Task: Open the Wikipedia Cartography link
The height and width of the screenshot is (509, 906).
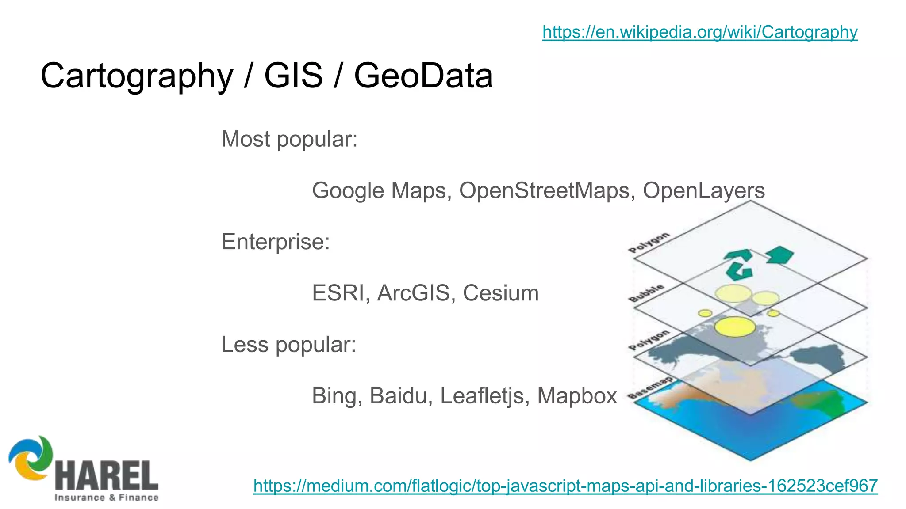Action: pyautogui.click(x=699, y=32)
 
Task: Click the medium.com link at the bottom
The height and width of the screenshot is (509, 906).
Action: pyautogui.click(x=565, y=486)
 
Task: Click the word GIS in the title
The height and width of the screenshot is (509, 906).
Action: pyautogui.click(x=293, y=76)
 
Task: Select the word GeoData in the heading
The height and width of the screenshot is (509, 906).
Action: pyautogui.click(x=423, y=76)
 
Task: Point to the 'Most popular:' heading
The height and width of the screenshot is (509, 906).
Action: pyautogui.click(x=289, y=139)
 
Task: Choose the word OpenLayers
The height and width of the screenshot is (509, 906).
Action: pyautogui.click(x=703, y=190)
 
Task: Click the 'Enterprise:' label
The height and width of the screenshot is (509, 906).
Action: pyautogui.click(x=276, y=242)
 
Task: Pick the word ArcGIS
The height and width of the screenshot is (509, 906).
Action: pyautogui.click(x=413, y=293)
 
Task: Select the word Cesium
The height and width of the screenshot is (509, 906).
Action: pyautogui.click(x=501, y=293)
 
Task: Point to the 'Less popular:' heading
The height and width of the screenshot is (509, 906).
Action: pyautogui.click(x=288, y=344)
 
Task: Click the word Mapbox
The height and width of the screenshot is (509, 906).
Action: pyautogui.click(x=577, y=395)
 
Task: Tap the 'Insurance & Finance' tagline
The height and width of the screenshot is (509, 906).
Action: pyautogui.click(x=106, y=498)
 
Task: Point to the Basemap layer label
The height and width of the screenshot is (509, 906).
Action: pyautogui.click(x=650, y=388)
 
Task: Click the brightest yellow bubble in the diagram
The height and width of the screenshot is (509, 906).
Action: pyautogui.click(x=735, y=327)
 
